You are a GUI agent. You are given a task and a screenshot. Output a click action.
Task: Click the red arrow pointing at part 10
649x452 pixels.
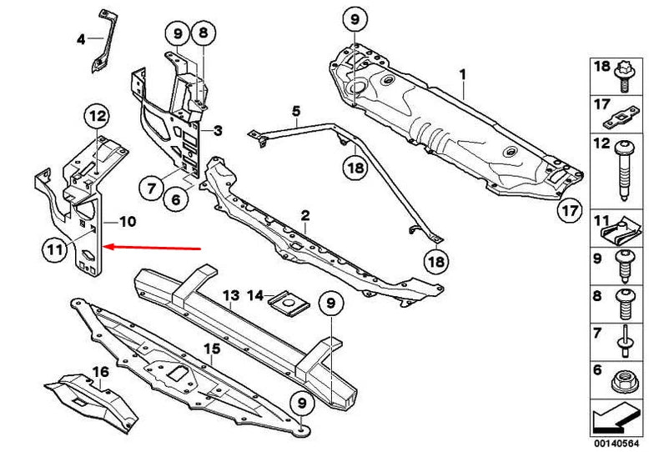pos(152,248)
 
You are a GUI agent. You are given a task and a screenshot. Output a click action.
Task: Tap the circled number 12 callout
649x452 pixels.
pos(98,116)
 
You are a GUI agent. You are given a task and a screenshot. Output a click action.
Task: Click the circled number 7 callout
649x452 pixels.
pos(151,188)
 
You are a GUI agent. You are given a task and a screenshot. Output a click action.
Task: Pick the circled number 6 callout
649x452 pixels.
pos(176,200)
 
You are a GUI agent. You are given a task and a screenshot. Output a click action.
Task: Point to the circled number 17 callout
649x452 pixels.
pos(570,211)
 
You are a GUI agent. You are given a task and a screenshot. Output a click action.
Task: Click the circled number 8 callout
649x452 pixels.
pos(203,33)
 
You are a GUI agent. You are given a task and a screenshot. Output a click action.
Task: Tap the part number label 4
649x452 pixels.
pos(81,40)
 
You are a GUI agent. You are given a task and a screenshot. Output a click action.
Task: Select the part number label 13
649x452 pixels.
pos(231,295)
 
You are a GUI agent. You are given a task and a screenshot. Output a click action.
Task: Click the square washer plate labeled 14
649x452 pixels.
pos(289,304)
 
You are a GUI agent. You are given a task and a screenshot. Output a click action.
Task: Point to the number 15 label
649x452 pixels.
pos(212,349)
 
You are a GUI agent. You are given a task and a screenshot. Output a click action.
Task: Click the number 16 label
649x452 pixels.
pos(101,372)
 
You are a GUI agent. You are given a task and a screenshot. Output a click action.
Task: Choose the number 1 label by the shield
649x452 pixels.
pos(463,75)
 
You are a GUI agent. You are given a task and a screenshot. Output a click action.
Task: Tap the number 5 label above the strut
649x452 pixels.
pos(296,112)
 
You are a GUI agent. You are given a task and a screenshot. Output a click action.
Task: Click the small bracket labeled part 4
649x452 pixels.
pos(104,42)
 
